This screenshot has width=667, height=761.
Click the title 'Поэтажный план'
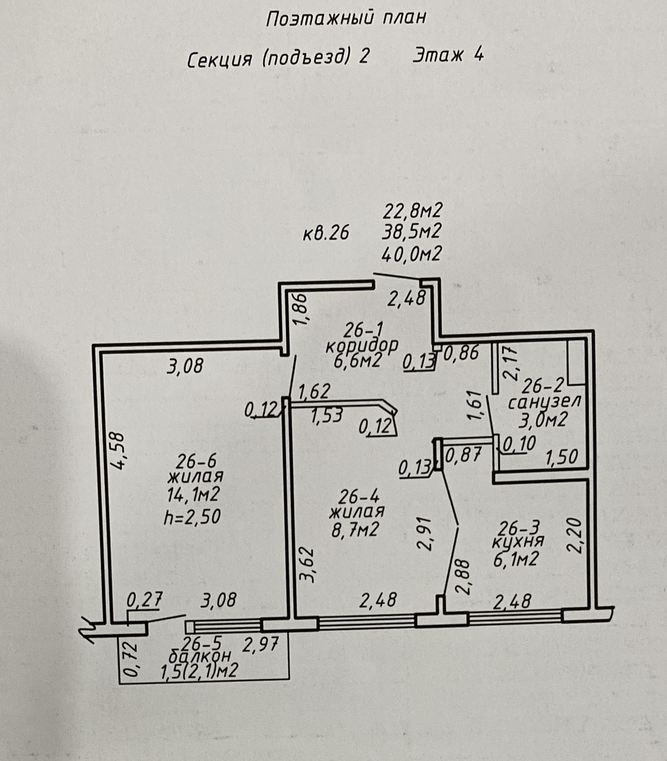[x=346, y=18]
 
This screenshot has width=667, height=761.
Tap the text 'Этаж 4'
[x=448, y=55]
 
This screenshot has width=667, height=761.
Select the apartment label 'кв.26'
[x=326, y=233]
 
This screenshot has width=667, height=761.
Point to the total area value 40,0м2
[x=412, y=254]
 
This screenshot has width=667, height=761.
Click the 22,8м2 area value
[x=412, y=210]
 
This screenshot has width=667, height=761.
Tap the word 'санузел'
[x=544, y=401]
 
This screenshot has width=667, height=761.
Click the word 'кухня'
[x=518, y=541]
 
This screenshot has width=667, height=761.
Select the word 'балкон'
[x=200, y=656]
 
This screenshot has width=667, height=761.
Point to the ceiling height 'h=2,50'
[x=192, y=517]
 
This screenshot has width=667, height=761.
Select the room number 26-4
[x=359, y=497]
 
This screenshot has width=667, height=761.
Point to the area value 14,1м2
[x=193, y=495]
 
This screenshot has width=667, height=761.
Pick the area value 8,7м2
[x=356, y=530]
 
